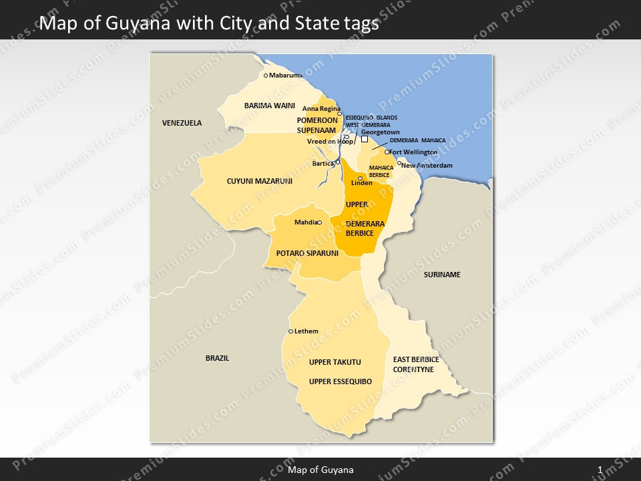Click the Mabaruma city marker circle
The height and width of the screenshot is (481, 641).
(x=266, y=75)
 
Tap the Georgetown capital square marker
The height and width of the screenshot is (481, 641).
(x=365, y=140)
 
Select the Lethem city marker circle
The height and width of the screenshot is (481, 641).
(x=290, y=331)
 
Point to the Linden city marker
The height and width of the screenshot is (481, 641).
(x=361, y=178)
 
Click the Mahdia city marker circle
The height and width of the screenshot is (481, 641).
(x=319, y=222)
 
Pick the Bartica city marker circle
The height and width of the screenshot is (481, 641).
(x=338, y=162)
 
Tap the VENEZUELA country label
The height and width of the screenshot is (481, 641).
(x=182, y=123)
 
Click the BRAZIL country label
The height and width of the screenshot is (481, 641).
(x=217, y=358)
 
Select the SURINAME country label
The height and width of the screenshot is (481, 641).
(x=442, y=275)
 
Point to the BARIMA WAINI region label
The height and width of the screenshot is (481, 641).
(x=269, y=106)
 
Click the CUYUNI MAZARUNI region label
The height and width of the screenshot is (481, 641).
(x=259, y=181)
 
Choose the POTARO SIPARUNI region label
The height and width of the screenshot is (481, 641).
(x=307, y=254)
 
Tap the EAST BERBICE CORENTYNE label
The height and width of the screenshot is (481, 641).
(x=415, y=364)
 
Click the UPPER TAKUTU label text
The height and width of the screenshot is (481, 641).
(x=335, y=362)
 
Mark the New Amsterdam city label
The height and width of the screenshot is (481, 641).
(x=427, y=165)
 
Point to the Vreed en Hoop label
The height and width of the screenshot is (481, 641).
(x=330, y=142)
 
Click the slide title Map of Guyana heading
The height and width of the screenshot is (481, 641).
(x=209, y=24)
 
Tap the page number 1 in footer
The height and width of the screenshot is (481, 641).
(x=600, y=470)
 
